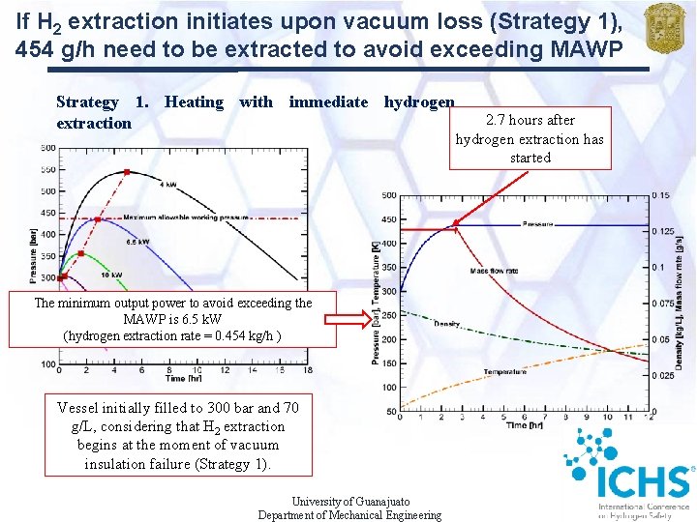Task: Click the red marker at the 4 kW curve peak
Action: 126,172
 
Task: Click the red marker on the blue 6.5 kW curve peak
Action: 97,219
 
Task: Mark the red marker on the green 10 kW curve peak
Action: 80,254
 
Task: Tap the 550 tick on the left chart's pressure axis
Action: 47,169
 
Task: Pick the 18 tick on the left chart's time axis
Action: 307,369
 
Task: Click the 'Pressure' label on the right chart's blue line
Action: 537,224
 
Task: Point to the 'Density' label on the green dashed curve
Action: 446,323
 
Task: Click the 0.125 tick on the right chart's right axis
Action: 663,231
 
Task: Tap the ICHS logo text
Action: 643,480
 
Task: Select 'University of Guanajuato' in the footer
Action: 350,501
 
